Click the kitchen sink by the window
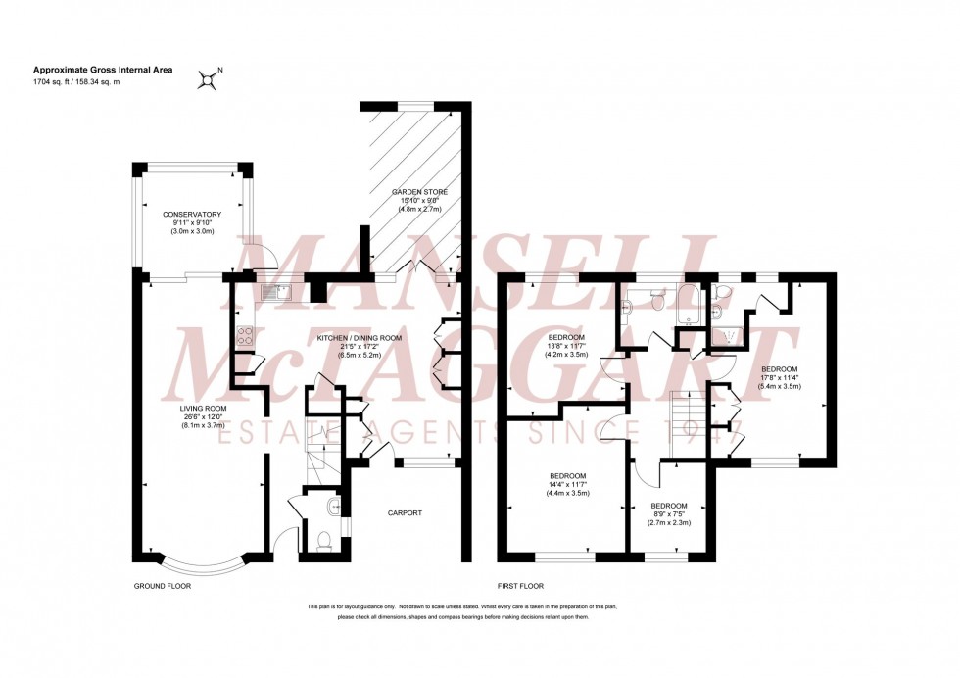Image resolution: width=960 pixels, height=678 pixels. tap(276, 291)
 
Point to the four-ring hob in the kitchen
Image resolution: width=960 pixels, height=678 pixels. tap(245, 336)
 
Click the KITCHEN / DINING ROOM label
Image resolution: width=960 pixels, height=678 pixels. tap(359, 338)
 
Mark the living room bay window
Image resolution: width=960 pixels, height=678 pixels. tap(205, 566)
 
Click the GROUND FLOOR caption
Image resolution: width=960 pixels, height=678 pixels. tap(162, 586)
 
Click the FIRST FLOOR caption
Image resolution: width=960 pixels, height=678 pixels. tap(521, 586)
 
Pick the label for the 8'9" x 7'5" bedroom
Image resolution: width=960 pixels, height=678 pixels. tap(671, 506)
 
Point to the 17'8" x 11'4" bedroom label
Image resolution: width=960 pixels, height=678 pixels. tap(781, 368)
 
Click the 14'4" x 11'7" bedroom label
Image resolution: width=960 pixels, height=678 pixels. tap(567, 477)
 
